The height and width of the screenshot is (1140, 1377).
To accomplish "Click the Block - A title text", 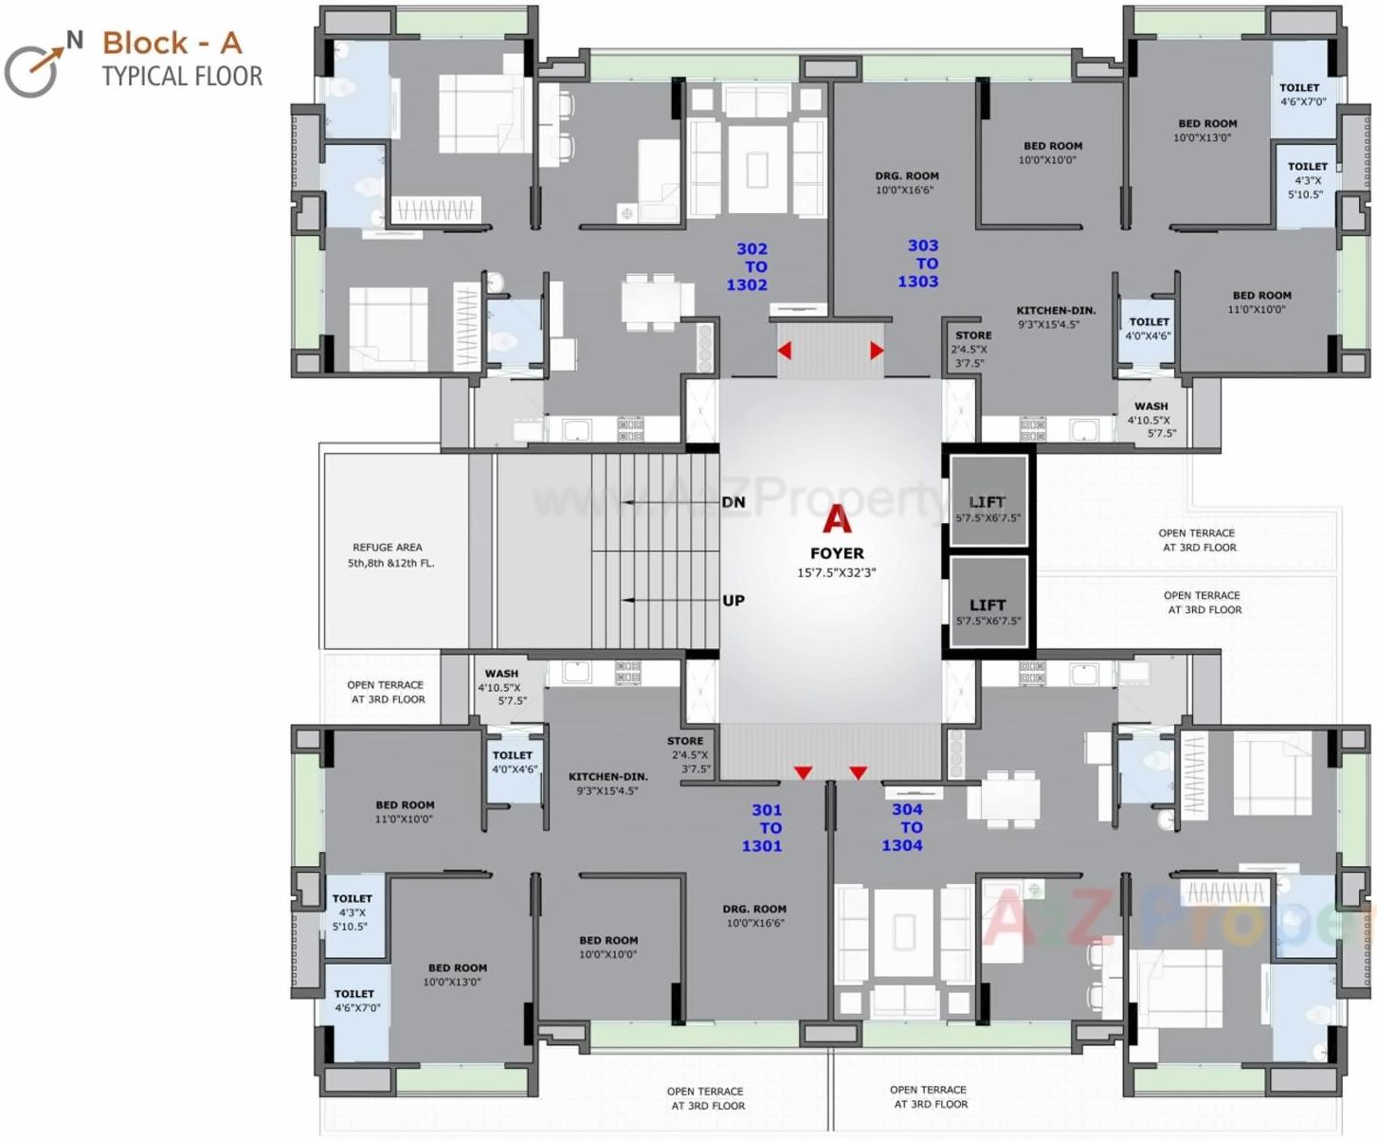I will tap(172, 43).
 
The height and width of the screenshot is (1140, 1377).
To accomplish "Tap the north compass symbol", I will tap(38, 65).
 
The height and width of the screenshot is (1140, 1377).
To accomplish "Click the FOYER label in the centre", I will tap(837, 553).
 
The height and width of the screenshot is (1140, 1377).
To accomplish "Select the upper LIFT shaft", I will tap(988, 502).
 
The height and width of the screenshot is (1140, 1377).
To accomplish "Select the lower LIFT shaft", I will tap(988, 605).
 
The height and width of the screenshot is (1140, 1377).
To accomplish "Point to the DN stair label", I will tap(734, 502).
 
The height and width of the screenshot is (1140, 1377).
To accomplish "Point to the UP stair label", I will tap(734, 601).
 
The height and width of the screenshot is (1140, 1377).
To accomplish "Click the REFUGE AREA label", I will tap(388, 548).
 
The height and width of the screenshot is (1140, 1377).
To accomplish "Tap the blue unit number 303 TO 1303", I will tap(920, 263).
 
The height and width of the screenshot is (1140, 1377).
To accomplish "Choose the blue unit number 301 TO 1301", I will tap(765, 827).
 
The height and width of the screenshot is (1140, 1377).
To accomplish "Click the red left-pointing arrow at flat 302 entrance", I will tap(785, 351).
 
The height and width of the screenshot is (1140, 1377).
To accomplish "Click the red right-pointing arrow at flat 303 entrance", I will tap(877, 351).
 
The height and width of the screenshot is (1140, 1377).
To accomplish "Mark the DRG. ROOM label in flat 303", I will tap(906, 176).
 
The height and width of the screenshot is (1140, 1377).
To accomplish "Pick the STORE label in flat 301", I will tap(685, 741).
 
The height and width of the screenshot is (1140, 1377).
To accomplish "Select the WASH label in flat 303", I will tap(1151, 407).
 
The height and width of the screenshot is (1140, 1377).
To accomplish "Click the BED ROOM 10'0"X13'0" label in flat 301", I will tap(457, 968).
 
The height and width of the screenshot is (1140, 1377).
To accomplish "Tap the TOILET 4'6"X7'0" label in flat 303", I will tap(1299, 88).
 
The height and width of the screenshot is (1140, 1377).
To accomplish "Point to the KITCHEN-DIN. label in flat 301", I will tap(608, 776).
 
